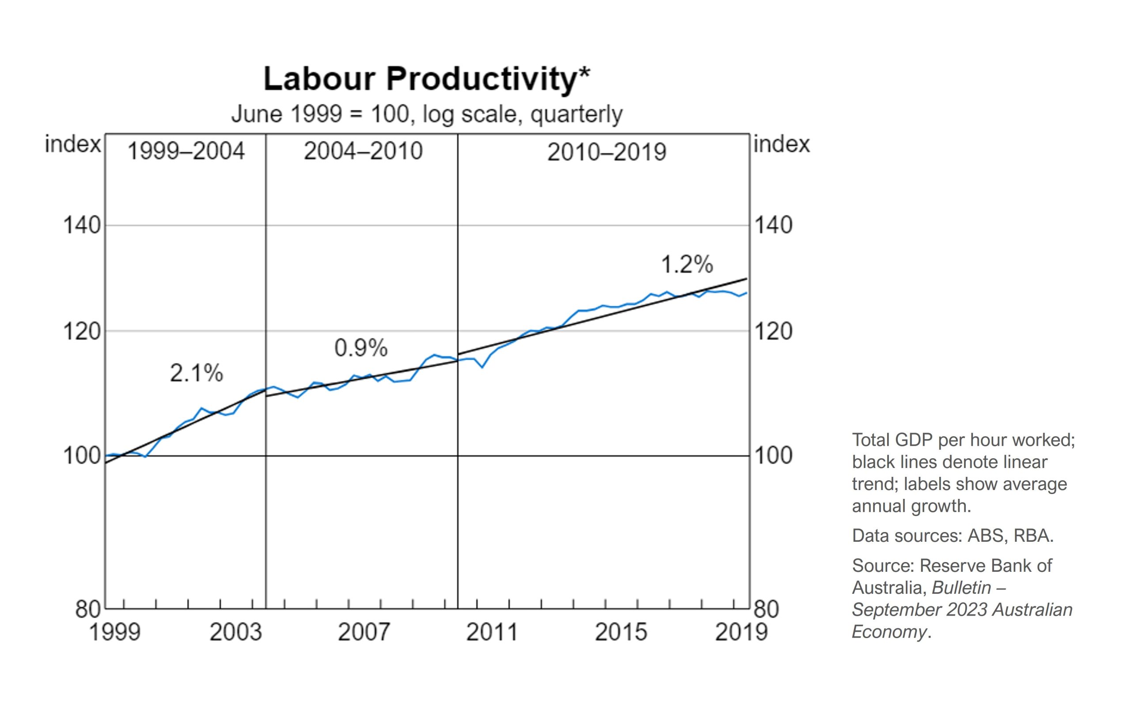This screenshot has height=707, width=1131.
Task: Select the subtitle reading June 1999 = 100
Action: click(426, 114)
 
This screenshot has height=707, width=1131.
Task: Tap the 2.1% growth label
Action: click(196, 373)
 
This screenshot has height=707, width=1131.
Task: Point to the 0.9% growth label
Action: click(361, 348)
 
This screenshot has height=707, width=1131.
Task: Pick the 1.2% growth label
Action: click(687, 265)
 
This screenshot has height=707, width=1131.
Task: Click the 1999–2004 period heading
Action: click(186, 152)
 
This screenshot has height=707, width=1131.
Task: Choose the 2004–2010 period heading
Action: click(363, 152)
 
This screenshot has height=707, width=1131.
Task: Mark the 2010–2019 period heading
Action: click(607, 152)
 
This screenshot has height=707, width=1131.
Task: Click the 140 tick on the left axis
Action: click(82, 225)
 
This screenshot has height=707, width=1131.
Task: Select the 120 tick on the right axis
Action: click(774, 331)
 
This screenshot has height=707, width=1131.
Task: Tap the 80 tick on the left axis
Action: click(88, 610)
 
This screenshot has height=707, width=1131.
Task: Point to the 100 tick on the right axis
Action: click(774, 456)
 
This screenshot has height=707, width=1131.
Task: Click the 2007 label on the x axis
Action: click(364, 632)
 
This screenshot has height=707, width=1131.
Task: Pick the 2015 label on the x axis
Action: click(621, 632)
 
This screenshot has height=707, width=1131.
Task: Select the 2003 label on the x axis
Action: click(235, 632)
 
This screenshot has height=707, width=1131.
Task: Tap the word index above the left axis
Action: click(72, 144)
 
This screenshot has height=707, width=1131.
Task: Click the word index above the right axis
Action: click(782, 144)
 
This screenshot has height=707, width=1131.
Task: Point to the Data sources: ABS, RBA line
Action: click(953, 536)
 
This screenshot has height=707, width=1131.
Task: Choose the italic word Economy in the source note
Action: click(888, 632)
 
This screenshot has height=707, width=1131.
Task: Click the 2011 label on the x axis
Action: click(492, 632)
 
